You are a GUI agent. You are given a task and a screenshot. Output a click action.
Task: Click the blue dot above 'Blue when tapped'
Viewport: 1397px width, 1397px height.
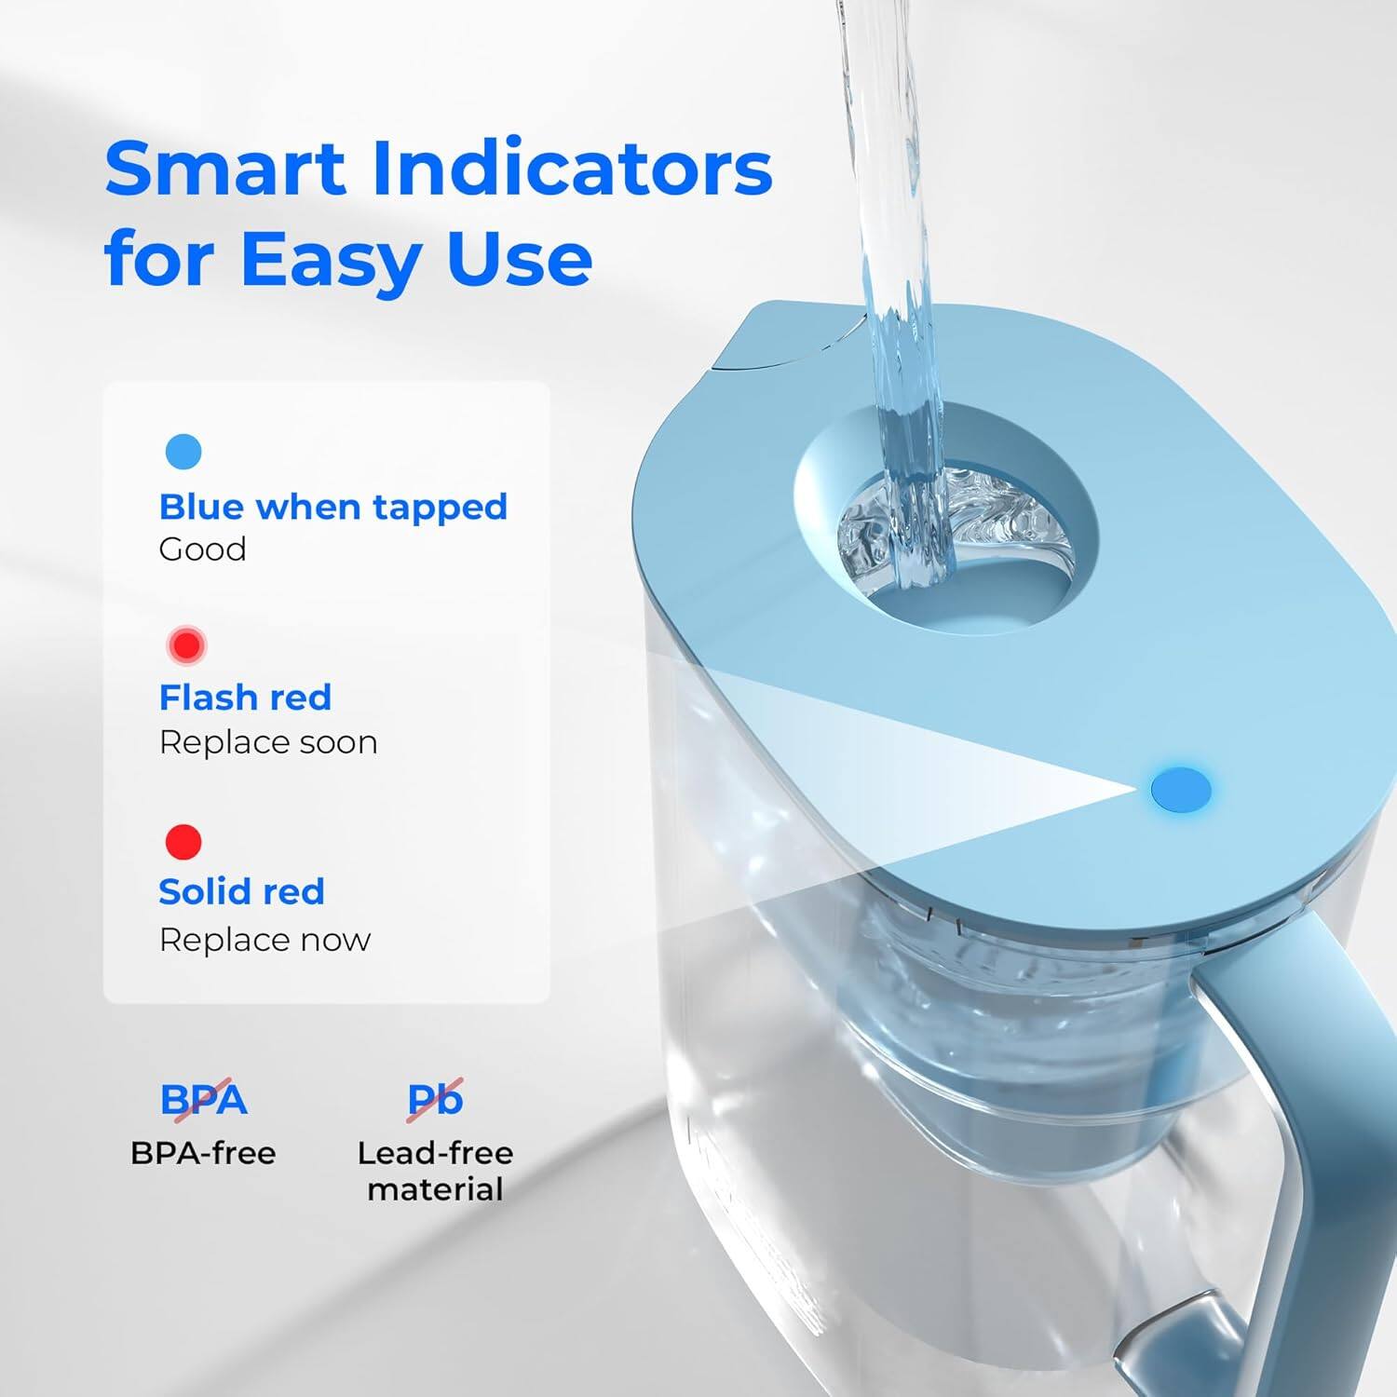[x=183, y=452]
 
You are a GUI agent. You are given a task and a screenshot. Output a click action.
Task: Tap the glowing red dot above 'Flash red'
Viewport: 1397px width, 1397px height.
[x=186, y=644]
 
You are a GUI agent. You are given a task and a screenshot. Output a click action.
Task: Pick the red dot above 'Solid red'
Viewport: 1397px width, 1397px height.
[x=183, y=841]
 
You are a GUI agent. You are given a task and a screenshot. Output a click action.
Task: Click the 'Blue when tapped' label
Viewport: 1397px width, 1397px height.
[x=332, y=507]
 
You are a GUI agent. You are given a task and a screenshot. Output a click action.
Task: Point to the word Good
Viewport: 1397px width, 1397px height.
[x=202, y=549]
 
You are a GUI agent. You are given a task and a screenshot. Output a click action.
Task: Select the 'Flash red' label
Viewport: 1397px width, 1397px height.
[x=245, y=697]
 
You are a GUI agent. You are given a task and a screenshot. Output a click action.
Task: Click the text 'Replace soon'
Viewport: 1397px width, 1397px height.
[x=268, y=742]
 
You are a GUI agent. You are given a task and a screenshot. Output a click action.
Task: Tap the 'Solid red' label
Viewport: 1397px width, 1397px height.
[x=241, y=891]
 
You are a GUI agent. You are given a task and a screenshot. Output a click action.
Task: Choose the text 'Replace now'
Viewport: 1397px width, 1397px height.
[x=264, y=940]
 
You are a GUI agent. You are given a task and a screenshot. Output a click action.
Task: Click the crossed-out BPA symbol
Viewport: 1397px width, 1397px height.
[x=203, y=1099]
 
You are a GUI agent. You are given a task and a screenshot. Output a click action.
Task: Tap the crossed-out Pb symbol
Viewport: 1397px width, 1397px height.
[x=435, y=1099]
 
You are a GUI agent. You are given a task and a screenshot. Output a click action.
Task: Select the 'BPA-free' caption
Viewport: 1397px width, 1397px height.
[x=203, y=1153]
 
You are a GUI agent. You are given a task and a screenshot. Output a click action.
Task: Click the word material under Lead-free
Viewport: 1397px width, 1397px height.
[x=435, y=1189]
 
